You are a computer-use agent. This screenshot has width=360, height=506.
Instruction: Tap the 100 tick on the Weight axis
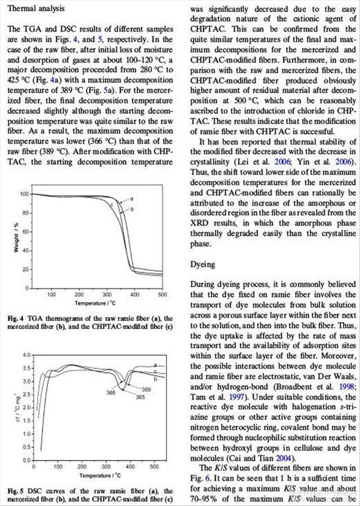(24, 194)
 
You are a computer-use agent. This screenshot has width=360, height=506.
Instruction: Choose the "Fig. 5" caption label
(15, 491)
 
